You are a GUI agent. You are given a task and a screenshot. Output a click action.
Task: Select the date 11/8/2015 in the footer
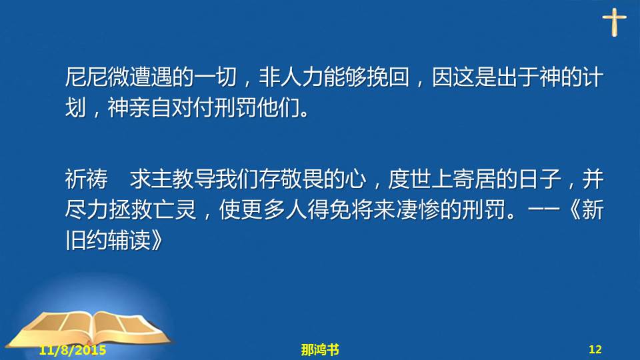[73, 350]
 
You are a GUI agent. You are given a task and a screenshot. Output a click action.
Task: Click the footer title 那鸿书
[320, 350]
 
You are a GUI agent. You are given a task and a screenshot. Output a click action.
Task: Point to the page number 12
[595, 349]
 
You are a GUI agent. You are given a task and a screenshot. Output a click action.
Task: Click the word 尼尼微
[97, 77]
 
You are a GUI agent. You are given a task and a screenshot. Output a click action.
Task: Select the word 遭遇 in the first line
[151, 77]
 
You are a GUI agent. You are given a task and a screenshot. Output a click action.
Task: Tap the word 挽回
[388, 77]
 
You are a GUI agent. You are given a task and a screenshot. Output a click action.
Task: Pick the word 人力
[302, 77]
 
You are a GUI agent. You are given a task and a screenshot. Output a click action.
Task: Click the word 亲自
[151, 108]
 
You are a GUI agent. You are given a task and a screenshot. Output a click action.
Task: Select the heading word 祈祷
[87, 179]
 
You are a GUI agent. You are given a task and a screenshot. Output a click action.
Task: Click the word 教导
[194, 179]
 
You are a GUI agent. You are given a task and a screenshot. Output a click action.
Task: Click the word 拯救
[130, 210]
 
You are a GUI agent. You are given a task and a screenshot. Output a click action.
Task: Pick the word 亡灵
[173, 210]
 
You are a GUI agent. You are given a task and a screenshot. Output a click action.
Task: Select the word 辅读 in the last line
[130, 241]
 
